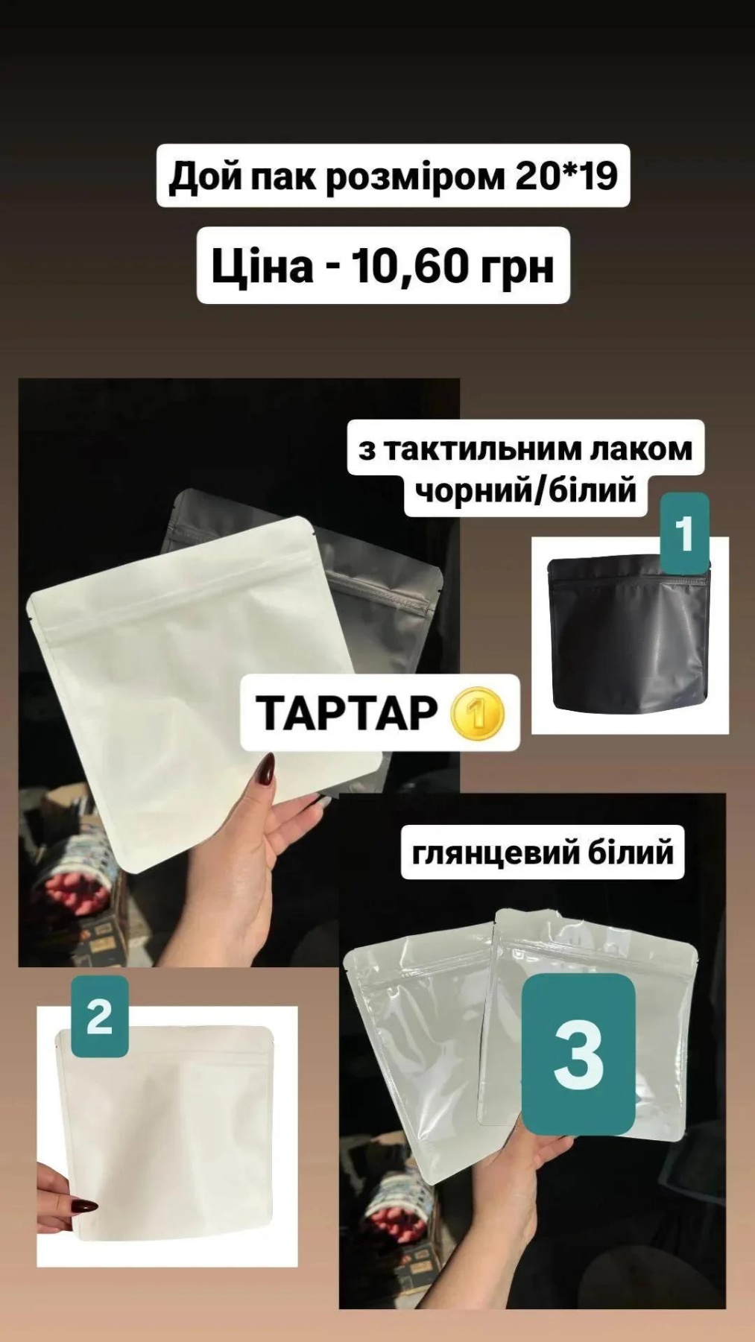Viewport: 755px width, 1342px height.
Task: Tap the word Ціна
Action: tap(262, 265)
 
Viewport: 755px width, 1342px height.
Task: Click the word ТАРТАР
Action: tap(346, 712)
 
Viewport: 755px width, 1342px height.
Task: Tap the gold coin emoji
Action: tap(478, 713)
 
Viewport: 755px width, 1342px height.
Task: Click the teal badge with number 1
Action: tap(684, 534)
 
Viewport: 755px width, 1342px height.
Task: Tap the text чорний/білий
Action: tap(526, 491)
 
